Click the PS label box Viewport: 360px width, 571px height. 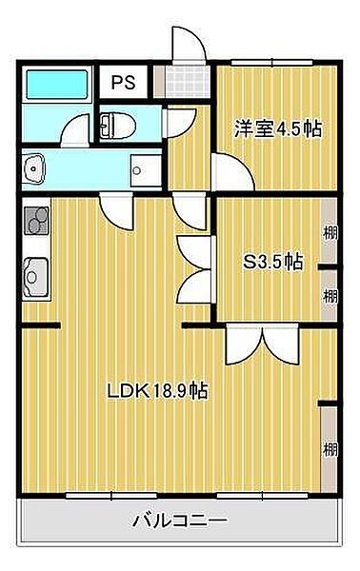click(123, 82)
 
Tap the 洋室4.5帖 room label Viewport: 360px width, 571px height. click(278, 128)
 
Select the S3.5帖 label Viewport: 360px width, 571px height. click(273, 261)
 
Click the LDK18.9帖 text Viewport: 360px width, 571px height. click(157, 391)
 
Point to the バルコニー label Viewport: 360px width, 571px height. click(179, 521)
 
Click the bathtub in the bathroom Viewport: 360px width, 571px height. click(56, 85)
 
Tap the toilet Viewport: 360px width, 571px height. click(117, 126)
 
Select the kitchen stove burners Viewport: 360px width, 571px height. click(36, 220)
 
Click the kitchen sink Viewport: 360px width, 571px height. click(35, 278)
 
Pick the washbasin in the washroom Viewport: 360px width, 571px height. click(34, 169)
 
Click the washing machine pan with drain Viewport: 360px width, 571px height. click(146, 170)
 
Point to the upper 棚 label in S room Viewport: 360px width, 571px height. click(330, 232)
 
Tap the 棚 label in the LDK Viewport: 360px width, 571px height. click(330, 449)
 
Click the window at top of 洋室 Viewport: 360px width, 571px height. click(272, 62)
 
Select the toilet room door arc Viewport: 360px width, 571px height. click(180, 123)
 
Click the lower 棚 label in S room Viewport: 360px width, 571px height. click(330, 296)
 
